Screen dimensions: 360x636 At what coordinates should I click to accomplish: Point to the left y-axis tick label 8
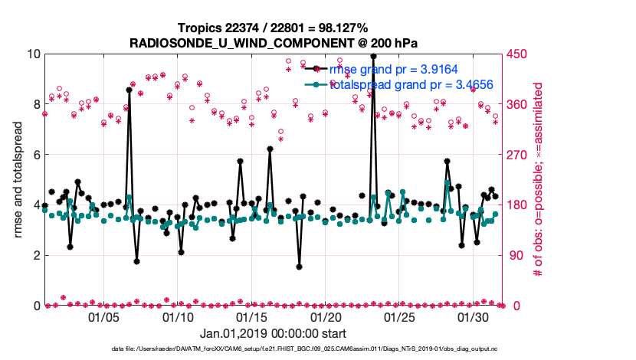click(x=35, y=104)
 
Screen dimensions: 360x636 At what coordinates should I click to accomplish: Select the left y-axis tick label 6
click(x=35, y=155)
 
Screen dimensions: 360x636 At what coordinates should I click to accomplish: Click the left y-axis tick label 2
click(x=35, y=255)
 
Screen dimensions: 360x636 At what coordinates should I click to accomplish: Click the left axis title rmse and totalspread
click(x=17, y=179)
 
